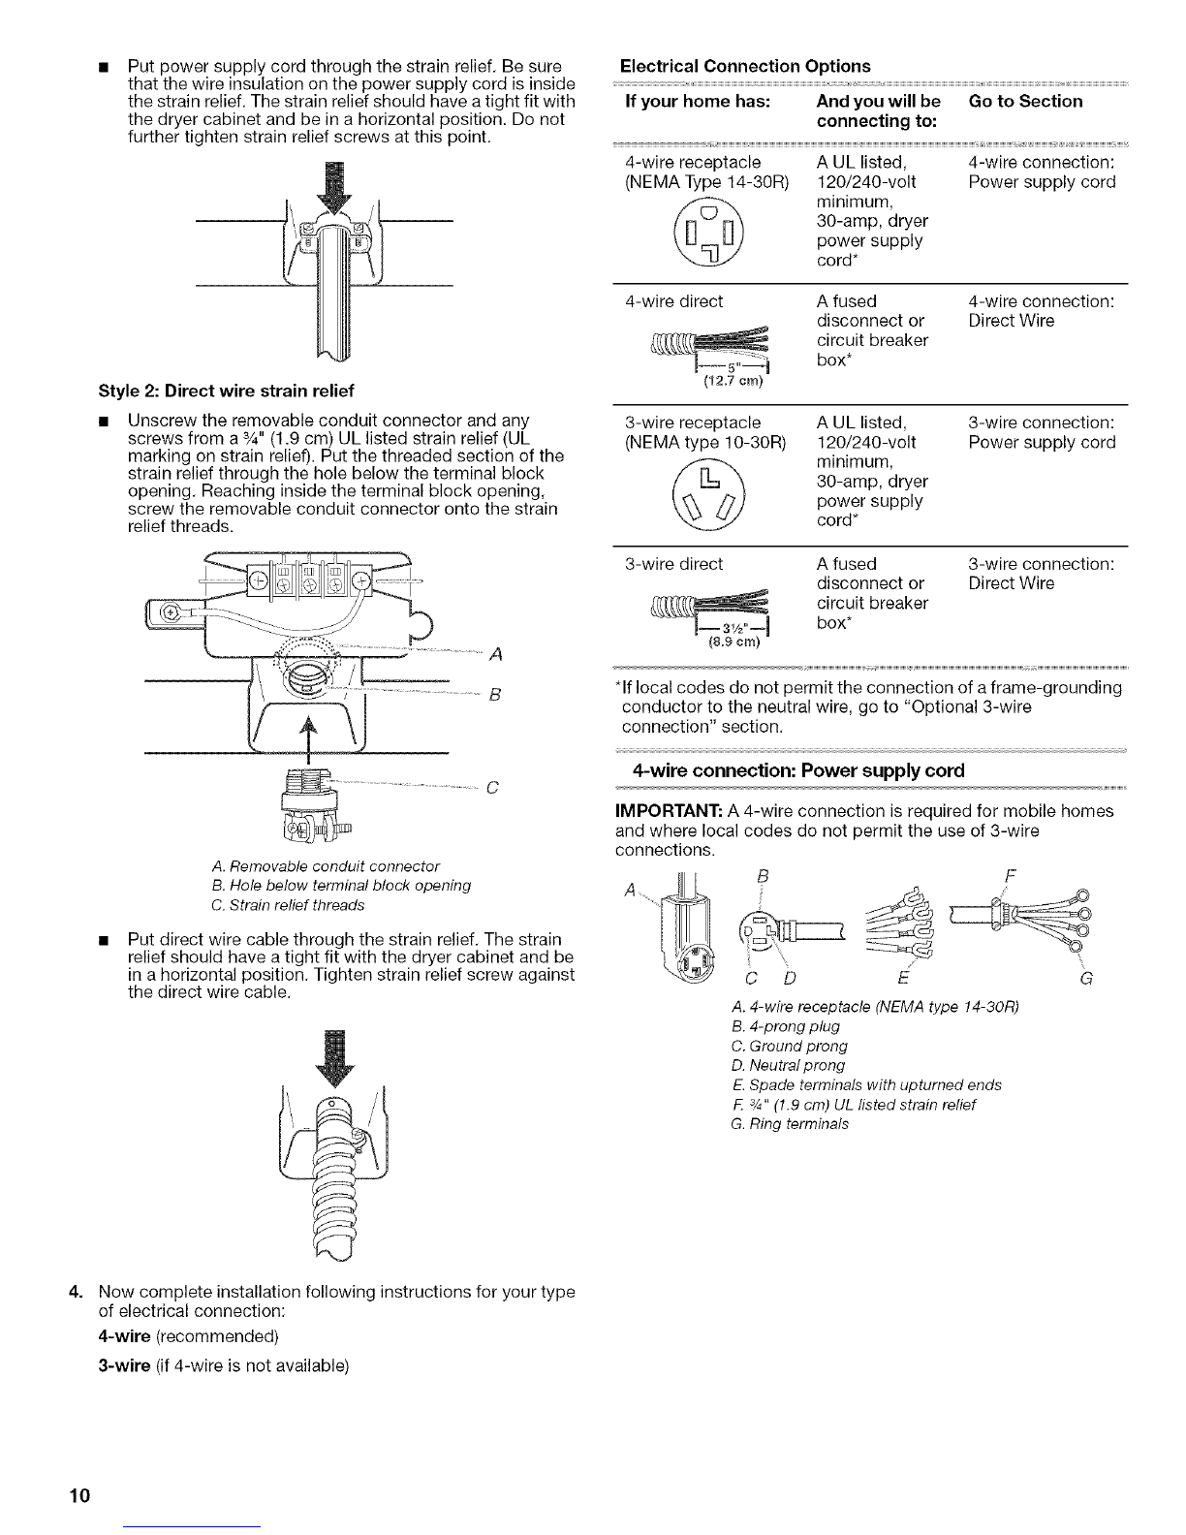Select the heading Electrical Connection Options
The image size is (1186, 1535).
pos(744,66)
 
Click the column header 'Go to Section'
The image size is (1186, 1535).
pos(1025,101)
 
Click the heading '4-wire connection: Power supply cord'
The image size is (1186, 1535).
pos(796,770)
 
